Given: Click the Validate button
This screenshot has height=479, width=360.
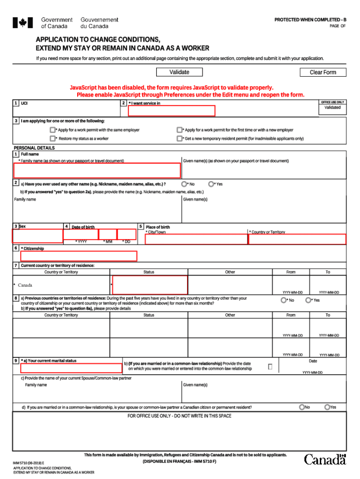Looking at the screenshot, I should point(180,72).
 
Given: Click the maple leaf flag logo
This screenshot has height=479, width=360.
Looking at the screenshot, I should point(22,22).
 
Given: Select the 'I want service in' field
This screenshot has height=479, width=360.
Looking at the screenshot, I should point(172,111).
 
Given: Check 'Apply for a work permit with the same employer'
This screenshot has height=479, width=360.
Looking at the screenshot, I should point(53,130).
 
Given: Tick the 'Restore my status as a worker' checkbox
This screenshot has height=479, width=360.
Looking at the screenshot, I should point(53,139).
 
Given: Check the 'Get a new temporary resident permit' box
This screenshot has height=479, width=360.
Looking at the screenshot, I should point(179,139).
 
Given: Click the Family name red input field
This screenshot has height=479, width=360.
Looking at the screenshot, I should point(97,171).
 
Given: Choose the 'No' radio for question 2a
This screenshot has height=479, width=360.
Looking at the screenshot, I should point(185,184).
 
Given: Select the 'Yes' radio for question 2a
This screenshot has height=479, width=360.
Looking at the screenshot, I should point(211,184).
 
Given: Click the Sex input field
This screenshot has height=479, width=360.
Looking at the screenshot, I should point(38,235).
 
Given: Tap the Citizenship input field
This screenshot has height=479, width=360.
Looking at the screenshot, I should point(79,256).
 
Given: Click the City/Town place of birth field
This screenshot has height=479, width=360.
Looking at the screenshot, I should point(196,239).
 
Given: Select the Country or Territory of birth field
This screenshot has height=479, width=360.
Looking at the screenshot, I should point(297,239).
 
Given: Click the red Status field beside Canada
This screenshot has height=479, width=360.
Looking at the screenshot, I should point(150,285).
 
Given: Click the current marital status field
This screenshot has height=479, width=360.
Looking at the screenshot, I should point(72,368).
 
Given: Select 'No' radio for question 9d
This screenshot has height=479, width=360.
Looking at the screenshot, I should point(302,407).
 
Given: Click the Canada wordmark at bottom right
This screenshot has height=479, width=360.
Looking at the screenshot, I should point(325,459).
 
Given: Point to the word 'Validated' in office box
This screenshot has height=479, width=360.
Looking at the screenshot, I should point(332,108).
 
